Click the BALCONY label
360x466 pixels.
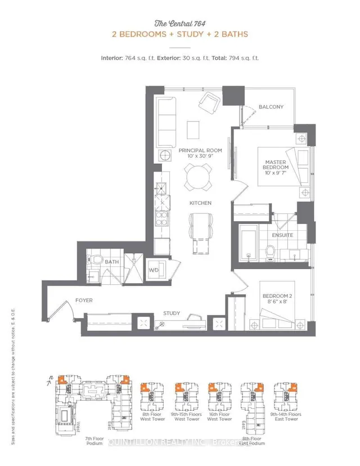click(271, 107)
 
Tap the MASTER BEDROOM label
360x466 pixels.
click(277, 165)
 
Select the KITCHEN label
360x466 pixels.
click(200, 203)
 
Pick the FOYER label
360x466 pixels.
click(84, 301)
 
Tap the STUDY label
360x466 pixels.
click(172, 313)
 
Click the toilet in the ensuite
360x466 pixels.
click(269, 252)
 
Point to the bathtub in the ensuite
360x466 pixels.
click(247, 243)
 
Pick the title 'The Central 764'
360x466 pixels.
click(179, 23)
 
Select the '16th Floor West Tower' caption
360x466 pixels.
click(219, 416)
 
